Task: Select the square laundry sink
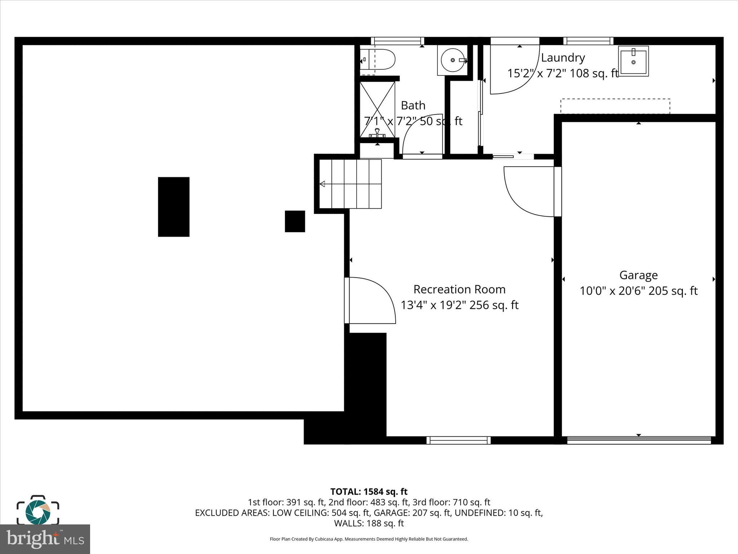(x=633, y=61)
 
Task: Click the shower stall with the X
(x=377, y=109)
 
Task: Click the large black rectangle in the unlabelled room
(x=174, y=207)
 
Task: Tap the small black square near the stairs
(x=295, y=221)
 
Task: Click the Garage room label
(x=638, y=275)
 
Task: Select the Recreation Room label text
(x=459, y=289)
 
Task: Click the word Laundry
(x=563, y=58)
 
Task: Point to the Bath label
(x=413, y=105)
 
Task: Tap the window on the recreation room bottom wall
(x=458, y=440)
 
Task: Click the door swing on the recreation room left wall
(x=371, y=299)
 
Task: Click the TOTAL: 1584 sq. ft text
(x=369, y=492)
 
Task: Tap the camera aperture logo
(x=38, y=511)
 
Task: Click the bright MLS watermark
(x=45, y=539)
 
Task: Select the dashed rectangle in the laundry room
(x=615, y=106)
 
